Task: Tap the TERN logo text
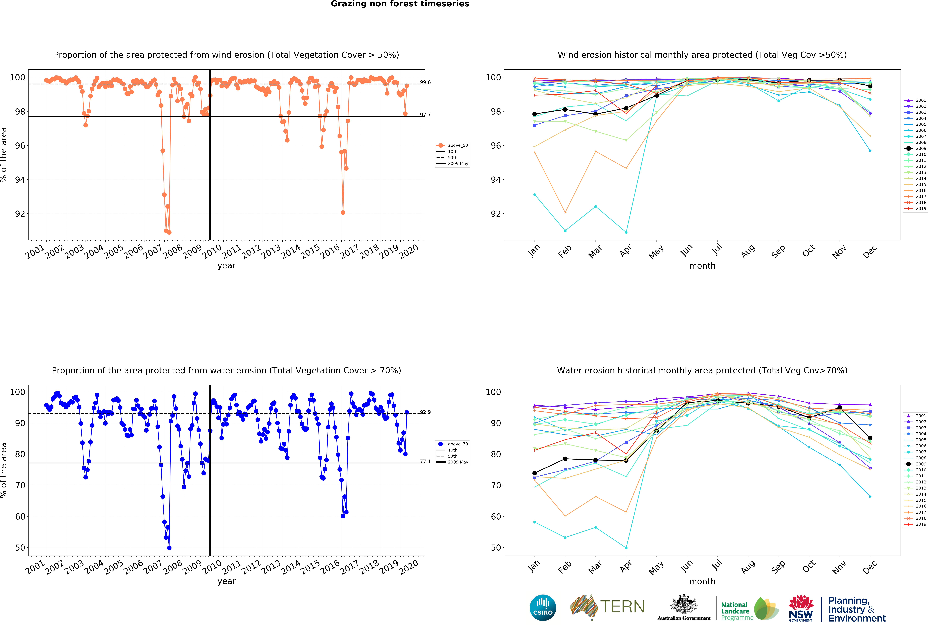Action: (x=622, y=607)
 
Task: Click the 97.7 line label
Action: (x=425, y=115)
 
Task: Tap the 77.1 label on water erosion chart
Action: (x=425, y=462)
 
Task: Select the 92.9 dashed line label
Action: (x=425, y=412)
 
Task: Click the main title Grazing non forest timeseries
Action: (x=400, y=4)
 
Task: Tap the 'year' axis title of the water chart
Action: (x=226, y=581)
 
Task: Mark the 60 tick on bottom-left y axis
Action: (x=20, y=517)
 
